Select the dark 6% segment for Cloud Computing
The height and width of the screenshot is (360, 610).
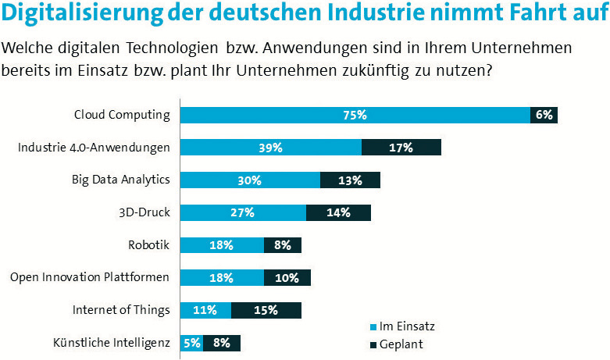pyautogui.click(x=544, y=115)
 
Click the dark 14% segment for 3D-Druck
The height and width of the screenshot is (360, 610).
pyautogui.click(x=338, y=212)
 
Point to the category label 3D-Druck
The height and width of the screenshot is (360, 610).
pyautogui.click(x=144, y=212)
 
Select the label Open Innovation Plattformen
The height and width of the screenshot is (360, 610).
pyautogui.click(x=90, y=276)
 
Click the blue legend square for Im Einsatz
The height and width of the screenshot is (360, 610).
pyautogui.click(x=371, y=326)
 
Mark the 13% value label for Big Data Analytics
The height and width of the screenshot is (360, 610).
pyautogui.click(x=350, y=180)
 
